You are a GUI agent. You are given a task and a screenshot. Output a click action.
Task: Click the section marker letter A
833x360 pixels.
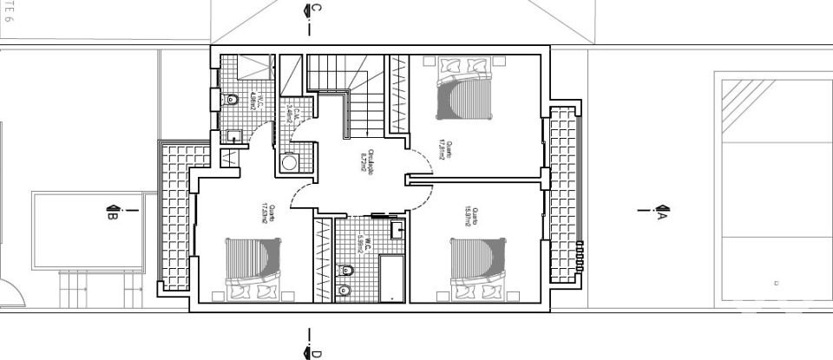(662, 215)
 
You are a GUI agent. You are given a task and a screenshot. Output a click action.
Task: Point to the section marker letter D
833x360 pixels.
(317, 352)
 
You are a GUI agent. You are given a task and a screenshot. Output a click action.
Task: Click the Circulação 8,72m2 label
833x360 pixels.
(368, 162)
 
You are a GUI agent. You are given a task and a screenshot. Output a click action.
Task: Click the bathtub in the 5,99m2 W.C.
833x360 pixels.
(393, 278)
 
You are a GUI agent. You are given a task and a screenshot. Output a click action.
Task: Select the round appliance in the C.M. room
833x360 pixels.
(289, 163)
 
